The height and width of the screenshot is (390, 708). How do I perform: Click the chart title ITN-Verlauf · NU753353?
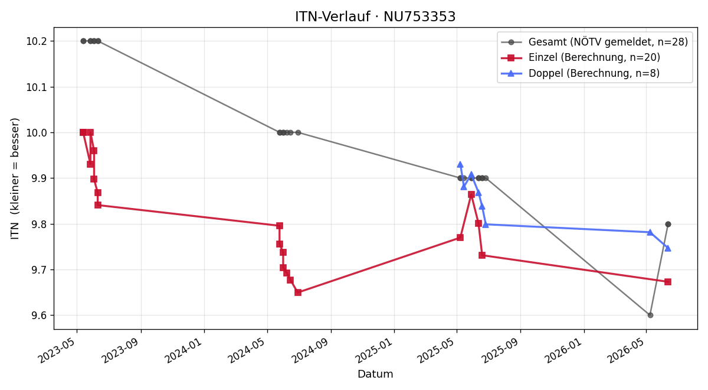pyautogui.click(x=375, y=17)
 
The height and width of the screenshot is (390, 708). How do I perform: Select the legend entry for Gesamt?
pyautogui.click(x=594, y=42)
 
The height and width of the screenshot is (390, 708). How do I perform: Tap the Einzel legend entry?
pyautogui.click(x=581, y=57)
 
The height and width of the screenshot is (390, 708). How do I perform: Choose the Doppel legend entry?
pyautogui.click(x=580, y=73)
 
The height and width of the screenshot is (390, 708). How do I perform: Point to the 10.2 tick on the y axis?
pyautogui.click(x=36, y=41)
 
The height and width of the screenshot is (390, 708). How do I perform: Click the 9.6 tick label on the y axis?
pyautogui.click(x=38, y=316)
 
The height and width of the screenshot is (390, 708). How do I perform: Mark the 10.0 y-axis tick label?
pyautogui.click(x=36, y=132)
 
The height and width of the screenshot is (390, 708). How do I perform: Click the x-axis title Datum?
pyautogui.click(x=375, y=374)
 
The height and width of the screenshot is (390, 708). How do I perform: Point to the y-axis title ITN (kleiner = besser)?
pyautogui.click(x=15, y=178)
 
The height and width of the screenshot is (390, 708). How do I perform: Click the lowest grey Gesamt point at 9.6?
pyautogui.click(x=650, y=316)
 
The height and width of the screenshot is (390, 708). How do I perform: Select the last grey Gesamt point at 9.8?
pyautogui.click(x=668, y=224)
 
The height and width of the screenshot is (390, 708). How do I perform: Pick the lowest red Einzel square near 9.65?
pyautogui.click(x=298, y=292)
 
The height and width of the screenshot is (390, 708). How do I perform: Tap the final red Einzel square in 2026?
pyautogui.click(x=668, y=282)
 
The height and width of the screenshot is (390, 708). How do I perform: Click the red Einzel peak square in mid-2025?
pyautogui.click(x=471, y=194)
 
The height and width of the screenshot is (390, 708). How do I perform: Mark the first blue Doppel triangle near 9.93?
pyautogui.click(x=460, y=165)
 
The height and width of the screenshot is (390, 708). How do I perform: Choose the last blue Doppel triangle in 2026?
pyautogui.click(x=668, y=249)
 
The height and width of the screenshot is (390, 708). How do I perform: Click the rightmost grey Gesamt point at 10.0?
pyautogui.click(x=298, y=132)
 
